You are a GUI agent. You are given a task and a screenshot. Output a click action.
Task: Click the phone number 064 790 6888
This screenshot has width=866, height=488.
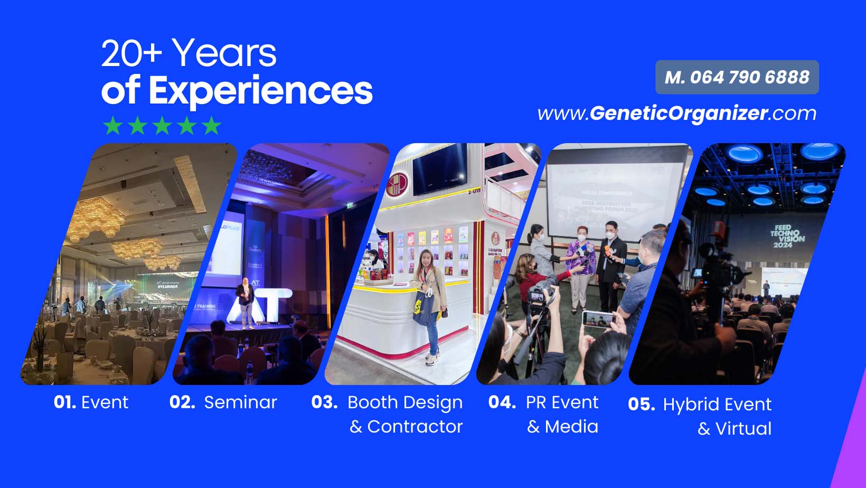click(749, 78)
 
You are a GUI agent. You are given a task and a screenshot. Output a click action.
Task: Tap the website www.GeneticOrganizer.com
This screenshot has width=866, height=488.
click(677, 114)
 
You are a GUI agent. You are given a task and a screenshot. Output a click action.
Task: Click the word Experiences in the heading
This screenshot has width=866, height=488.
click(260, 91)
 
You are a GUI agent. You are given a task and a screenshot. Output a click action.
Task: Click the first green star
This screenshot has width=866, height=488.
click(112, 126)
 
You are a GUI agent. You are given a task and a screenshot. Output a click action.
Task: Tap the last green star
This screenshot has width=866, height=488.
click(211, 126)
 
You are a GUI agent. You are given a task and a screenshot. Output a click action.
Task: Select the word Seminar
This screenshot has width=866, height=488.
click(240, 402)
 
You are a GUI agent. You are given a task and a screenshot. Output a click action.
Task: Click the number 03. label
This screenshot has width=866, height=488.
click(324, 402)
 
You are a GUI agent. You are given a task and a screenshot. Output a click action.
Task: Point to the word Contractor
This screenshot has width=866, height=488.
click(415, 427)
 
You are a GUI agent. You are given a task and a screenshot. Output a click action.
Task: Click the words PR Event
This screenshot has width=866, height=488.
click(562, 402)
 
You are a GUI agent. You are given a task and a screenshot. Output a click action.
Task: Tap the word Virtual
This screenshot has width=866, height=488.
click(743, 429)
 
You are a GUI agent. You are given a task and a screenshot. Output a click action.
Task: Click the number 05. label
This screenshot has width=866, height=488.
click(641, 405)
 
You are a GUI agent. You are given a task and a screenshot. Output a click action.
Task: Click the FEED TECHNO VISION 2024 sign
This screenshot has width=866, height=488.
click(787, 236)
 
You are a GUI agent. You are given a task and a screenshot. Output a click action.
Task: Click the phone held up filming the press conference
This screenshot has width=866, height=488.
click(597, 318)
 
